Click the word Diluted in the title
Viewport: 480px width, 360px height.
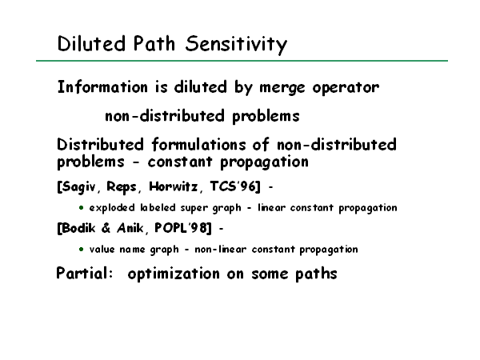[x=91, y=43]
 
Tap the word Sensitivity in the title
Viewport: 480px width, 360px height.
[x=236, y=45]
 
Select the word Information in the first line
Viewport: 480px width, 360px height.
[x=102, y=86]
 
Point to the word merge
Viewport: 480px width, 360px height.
[x=282, y=88]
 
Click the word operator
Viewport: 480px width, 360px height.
[x=346, y=88]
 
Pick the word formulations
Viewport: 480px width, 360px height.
[x=198, y=145]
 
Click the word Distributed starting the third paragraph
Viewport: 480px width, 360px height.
[x=100, y=145]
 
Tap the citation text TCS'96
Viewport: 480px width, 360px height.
[x=235, y=186]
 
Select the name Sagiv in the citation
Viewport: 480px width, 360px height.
[x=78, y=186]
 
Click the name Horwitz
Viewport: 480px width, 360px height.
[x=174, y=186]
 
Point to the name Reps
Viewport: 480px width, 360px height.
[x=122, y=186]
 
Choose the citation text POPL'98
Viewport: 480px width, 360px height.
[x=182, y=228]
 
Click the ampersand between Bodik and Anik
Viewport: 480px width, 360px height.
[x=106, y=228]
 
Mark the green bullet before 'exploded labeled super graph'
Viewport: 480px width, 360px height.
[x=81, y=208]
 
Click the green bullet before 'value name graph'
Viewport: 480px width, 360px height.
[x=81, y=250]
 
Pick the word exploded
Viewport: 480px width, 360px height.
[x=112, y=208]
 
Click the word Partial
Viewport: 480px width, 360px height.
[x=85, y=273]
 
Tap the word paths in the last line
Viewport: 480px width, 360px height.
[x=316, y=274]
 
